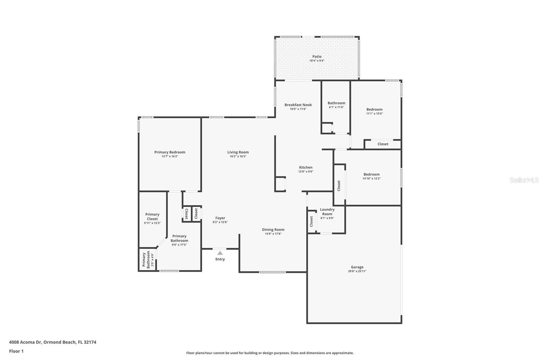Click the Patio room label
coord(317,56)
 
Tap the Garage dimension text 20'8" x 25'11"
coord(357,271)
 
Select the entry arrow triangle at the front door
coord(220,253)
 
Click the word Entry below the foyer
coord(220,259)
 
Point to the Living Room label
coord(238,152)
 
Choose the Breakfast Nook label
coord(298,105)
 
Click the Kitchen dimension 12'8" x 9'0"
coord(306,172)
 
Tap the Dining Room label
coord(273,229)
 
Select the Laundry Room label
coord(327,212)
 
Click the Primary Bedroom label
coord(170,152)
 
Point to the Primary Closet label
coord(152,216)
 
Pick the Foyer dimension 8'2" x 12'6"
coord(220,222)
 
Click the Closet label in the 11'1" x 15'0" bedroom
coord(383,144)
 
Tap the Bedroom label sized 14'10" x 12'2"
coord(372,174)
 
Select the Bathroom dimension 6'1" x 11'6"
coord(336,107)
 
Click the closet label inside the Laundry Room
coord(311,221)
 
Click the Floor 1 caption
coord(16,351)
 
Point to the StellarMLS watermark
coord(524,180)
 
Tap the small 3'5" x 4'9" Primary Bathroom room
coord(147,259)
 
